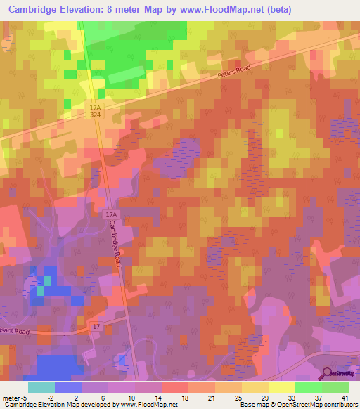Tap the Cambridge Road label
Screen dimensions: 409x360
coord(115,243)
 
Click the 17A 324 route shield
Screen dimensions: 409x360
coord(96,110)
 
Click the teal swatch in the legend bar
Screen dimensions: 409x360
coord(41,387)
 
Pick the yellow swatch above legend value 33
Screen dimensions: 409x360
coord(282,387)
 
